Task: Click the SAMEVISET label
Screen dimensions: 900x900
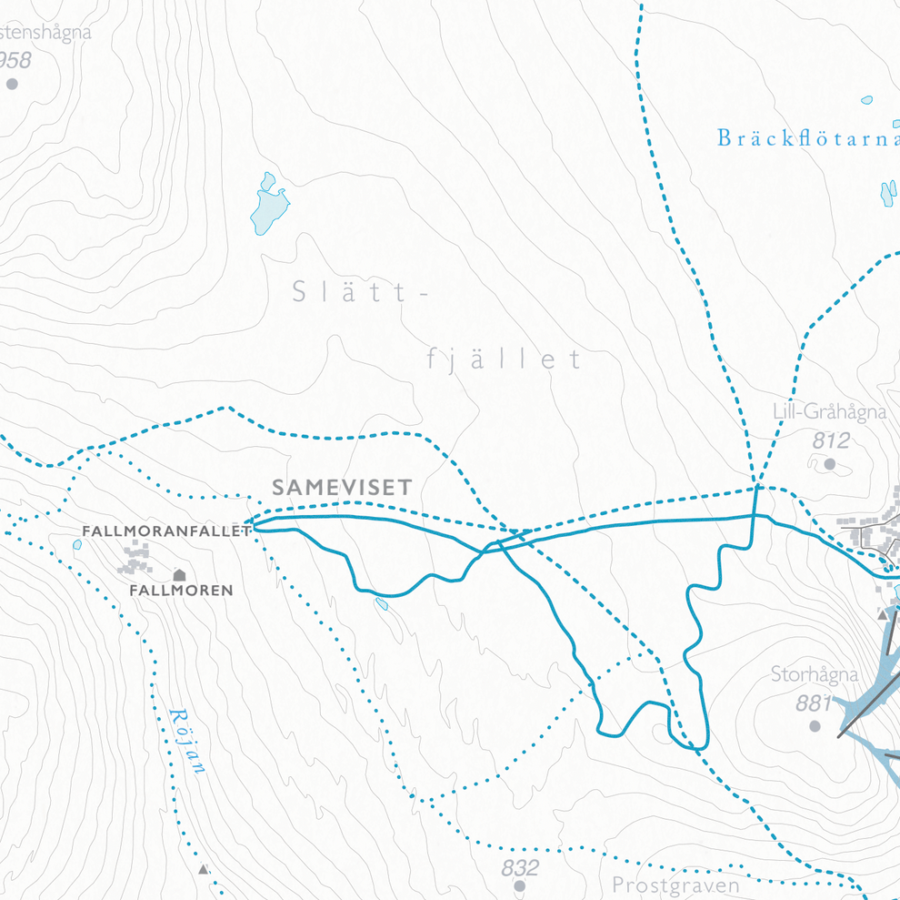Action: point(342,488)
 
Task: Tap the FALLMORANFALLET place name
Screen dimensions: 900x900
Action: point(165,531)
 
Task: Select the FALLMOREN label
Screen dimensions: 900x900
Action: point(181,591)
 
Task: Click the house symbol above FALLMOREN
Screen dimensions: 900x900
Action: point(179,574)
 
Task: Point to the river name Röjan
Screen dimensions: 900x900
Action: point(188,742)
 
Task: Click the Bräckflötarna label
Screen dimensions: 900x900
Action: point(807,138)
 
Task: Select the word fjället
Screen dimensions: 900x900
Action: point(504,359)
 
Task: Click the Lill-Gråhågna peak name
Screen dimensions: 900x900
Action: point(829,412)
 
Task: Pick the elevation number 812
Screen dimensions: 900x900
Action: point(831,441)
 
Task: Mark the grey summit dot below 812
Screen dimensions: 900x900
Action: point(829,464)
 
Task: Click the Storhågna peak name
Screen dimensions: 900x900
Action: point(815,675)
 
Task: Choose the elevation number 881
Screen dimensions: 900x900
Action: point(814,703)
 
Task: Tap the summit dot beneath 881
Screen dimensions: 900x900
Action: point(815,726)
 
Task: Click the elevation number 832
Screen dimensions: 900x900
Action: point(520,867)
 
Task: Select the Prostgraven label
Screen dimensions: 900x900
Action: point(675,885)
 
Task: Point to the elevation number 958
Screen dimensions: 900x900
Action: point(15,61)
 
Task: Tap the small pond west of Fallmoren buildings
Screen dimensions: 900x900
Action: point(77,545)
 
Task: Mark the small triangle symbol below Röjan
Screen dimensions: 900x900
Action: point(204,869)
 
